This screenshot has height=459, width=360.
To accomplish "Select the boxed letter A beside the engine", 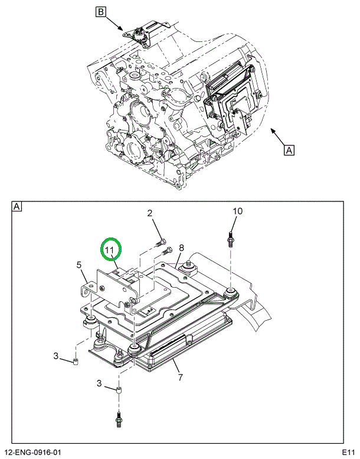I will pyautogui.click(x=289, y=150).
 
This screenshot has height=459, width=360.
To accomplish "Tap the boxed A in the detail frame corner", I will pyautogui.click(x=17, y=206).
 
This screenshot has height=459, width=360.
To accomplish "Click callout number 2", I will pyautogui.click(x=150, y=213).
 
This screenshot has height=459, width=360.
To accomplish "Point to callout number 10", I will pyautogui.click(x=237, y=211).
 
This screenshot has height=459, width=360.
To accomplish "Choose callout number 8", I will pyautogui.click(x=182, y=248).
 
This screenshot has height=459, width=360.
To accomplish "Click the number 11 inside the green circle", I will pyautogui.click(x=109, y=250).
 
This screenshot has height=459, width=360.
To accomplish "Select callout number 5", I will pyautogui.click(x=78, y=265).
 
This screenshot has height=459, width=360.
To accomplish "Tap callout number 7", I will pyautogui.click(x=179, y=377).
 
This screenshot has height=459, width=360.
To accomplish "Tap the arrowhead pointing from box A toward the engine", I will pyautogui.click(x=272, y=129).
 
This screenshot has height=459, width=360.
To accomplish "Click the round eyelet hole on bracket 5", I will pyautogui.click(x=89, y=289).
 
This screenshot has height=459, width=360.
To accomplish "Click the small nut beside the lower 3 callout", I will pyautogui.click(x=119, y=392).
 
